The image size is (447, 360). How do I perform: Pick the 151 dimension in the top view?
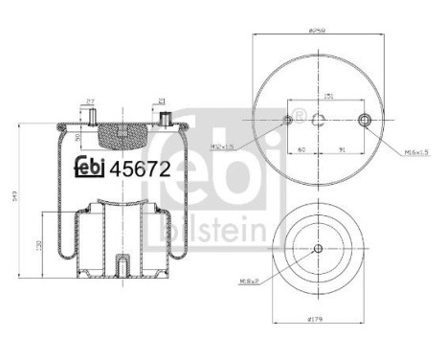click(328, 97)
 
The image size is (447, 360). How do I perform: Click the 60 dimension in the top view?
click(302, 149)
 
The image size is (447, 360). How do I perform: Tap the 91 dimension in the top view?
click(343, 149)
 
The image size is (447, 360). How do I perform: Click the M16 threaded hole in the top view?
click(363, 120)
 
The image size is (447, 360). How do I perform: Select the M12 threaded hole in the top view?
click(288, 120)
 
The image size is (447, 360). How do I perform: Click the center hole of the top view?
click(318, 120)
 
